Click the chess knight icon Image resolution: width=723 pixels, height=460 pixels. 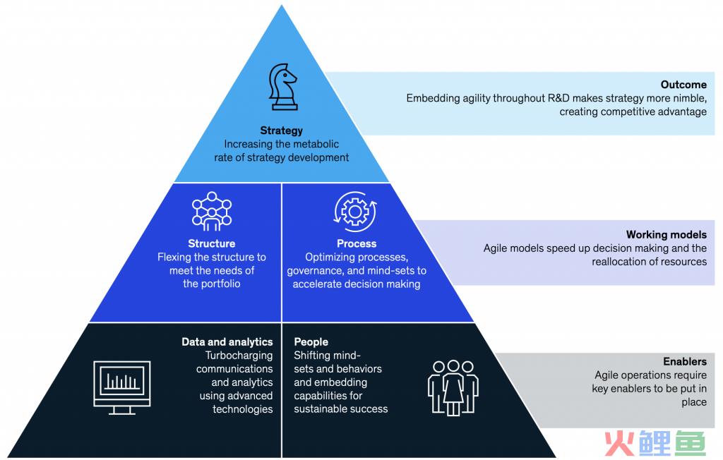click(283, 87)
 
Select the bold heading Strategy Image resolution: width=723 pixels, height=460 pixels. click(281, 131)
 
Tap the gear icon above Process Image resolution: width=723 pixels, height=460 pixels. click(356, 212)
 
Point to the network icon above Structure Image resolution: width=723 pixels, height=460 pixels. click(212, 211)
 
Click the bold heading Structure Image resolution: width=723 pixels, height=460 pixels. click(212, 243)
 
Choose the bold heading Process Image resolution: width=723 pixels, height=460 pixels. click(357, 243)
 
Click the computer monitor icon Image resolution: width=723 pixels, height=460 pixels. click(121, 387)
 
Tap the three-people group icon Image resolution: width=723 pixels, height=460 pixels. click(453, 387)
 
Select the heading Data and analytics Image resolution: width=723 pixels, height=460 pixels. click(227, 342)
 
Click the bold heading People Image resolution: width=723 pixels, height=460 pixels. click(311, 342)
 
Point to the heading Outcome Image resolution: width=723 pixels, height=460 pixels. click(683, 85)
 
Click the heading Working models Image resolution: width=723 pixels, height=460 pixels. click(667, 235)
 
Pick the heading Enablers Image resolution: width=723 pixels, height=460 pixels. click(685, 361)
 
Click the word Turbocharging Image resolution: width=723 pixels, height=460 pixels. click(239, 356)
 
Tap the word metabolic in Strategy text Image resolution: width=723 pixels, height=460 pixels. click(316, 144)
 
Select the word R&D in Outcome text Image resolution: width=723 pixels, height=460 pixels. click(558, 98)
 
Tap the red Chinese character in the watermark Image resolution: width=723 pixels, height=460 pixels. click(619, 443)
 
